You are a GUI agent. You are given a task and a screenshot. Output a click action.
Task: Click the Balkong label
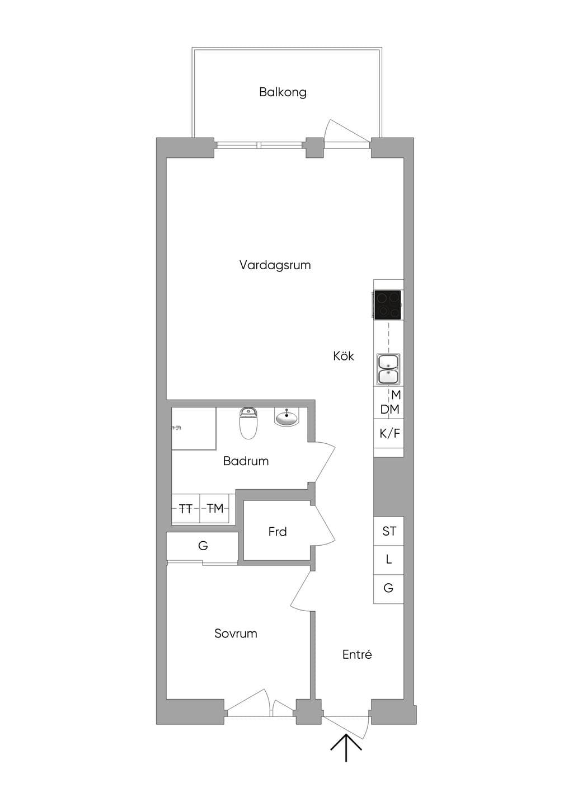pos(283,92)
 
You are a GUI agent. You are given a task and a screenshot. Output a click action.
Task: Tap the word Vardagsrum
pos(275,265)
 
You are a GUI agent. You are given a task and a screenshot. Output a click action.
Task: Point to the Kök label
pos(344,356)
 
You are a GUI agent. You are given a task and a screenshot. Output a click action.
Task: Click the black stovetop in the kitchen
pos(388,305)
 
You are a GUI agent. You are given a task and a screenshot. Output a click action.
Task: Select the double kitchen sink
pos(389,369)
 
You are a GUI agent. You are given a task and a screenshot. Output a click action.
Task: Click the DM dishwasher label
pos(389,410)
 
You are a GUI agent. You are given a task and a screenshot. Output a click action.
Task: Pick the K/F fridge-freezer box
pos(389,433)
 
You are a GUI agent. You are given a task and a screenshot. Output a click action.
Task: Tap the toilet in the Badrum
pos(248,423)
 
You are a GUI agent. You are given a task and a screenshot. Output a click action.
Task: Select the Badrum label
pos(246,461)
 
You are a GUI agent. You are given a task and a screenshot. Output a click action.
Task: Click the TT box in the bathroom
pos(186,509)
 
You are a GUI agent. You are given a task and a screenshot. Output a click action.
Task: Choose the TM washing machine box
pos(215,509)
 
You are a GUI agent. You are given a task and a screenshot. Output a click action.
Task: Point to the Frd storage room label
pos(278,532)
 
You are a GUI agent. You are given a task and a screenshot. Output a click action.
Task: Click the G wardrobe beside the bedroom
pos(203,545)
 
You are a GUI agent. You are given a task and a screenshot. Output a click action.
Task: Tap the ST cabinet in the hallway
pos(389,531)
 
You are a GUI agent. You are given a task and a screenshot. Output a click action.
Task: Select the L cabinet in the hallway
pos(389,560)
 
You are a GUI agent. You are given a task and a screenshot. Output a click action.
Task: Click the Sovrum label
pos(236,633)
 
